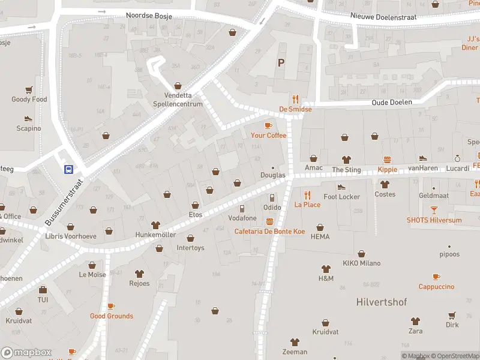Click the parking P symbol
pos(280,62)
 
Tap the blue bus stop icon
pos(69,169)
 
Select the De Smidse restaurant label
pos(295,110)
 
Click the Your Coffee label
pos(268,136)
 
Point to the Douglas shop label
pos(273,175)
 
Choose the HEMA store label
pos(320,237)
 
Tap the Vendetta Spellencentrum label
pos(183,100)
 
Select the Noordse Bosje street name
pos(149,16)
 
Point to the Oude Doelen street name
pos(392,103)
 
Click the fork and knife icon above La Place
pos(307,195)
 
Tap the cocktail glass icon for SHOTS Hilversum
pos(434,211)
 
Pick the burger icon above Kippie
pos(388,160)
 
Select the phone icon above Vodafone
pos(242,208)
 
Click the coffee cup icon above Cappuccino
pos(436,277)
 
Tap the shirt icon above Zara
pos(415,321)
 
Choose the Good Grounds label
pos(112,316)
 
